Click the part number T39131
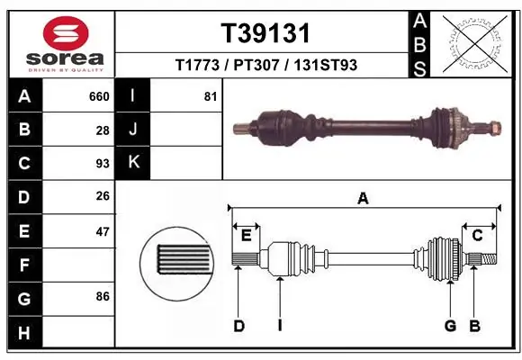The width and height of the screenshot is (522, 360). point(265,33)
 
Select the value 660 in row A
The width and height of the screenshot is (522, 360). point(98,96)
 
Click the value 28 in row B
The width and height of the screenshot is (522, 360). point(102,130)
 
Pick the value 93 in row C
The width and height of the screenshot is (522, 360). point(102,164)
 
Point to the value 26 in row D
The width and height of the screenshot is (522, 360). point(102,197)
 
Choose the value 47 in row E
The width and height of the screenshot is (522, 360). point(102,231)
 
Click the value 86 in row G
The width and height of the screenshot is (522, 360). point(102,295)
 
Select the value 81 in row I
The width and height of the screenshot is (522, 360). point(210,96)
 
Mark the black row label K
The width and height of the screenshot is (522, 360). point(133,163)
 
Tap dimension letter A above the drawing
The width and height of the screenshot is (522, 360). point(363,200)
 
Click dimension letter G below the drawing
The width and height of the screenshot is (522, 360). point(450,326)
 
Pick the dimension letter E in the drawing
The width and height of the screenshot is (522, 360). point(246,236)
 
